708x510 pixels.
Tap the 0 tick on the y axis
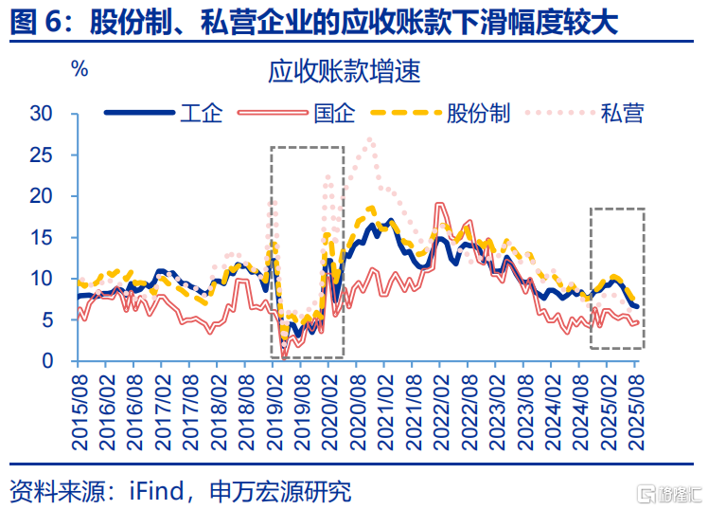[x=59, y=361]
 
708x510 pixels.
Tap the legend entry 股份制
[x=478, y=115]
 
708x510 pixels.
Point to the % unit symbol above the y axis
[x=80, y=69]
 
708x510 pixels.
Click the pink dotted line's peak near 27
[x=369, y=139]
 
